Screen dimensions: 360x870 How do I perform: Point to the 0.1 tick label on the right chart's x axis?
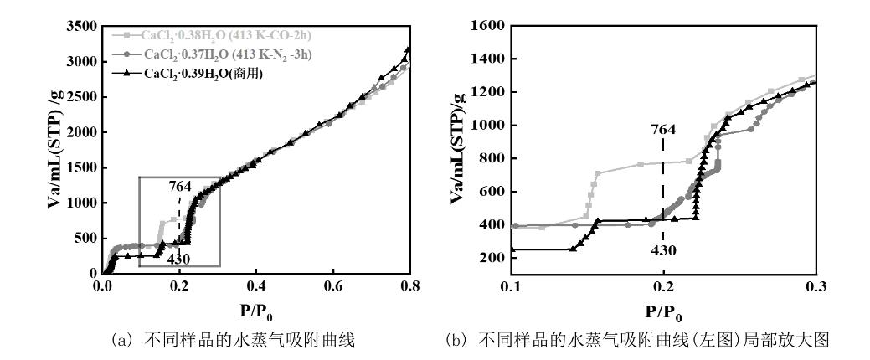[511, 285]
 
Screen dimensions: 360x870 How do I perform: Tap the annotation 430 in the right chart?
[662, 249]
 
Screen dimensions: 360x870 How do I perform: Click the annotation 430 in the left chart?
[178, 259]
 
